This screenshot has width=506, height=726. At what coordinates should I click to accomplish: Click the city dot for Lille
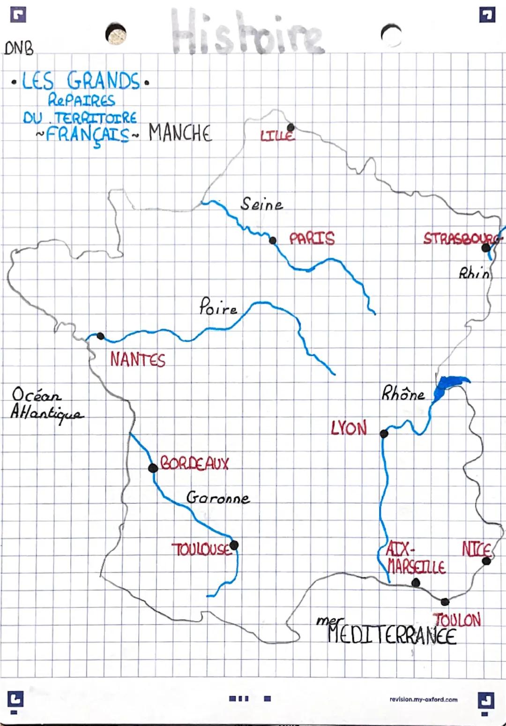(x=290, y=127)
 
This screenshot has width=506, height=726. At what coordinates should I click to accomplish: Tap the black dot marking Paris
(x=273, y=241)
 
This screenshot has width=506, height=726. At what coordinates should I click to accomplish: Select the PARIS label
(x=312, y=239)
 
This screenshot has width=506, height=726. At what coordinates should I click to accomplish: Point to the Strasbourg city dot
(x=486, y=247)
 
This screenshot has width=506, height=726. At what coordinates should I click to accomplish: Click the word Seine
(x=261, y=204)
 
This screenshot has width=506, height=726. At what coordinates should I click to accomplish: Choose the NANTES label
(x=138, y=360)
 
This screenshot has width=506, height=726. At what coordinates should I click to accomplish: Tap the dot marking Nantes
(x=100, y=336)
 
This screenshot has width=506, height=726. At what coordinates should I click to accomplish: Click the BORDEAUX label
(x=194, y=464)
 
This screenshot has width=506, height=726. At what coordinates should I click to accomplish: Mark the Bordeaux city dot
(x=152, y=468)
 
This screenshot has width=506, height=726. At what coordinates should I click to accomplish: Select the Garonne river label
(x=218, y=497)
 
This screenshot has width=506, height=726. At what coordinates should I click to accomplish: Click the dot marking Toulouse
(x=234, y=545)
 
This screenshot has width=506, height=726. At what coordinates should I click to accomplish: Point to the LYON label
(x=349, y=428)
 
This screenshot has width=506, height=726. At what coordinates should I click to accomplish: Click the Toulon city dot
(x=445, y=602)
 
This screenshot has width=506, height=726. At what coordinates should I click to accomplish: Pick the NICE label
(x=476, y=549)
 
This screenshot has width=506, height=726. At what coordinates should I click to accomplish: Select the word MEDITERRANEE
(x=392, y=636)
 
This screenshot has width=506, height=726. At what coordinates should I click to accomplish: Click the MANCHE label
(x=180, y=133)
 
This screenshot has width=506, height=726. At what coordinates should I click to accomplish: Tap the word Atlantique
(x=47, y=413)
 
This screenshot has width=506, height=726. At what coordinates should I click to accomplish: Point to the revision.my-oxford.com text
(x=424, y=699)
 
